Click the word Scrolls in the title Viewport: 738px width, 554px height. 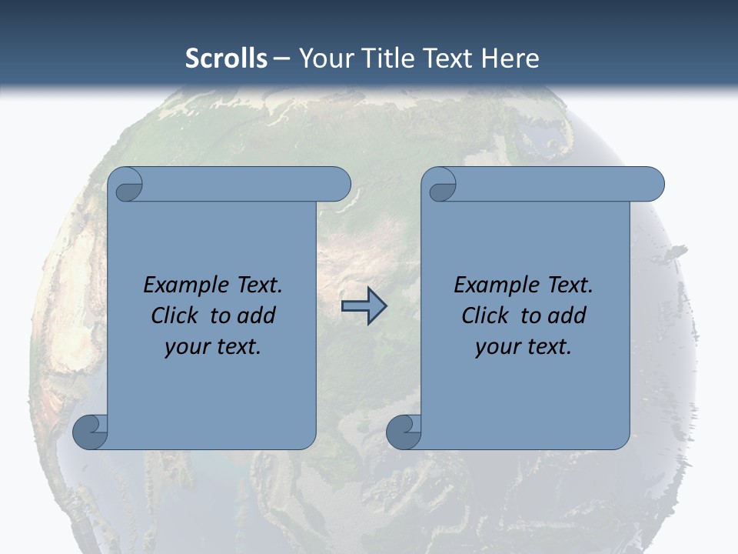click(x=227, y=58)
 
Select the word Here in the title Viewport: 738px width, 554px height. click(x=510, y=58)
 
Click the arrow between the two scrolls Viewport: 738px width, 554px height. click(x=364, y=306)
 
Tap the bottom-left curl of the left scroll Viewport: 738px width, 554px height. click(x=91, y=431)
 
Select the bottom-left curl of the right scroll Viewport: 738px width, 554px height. click(x=404, y=432)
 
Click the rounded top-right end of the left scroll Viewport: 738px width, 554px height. click(x=338, y=185)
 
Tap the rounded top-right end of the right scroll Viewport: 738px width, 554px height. click(x=652, y=185)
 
